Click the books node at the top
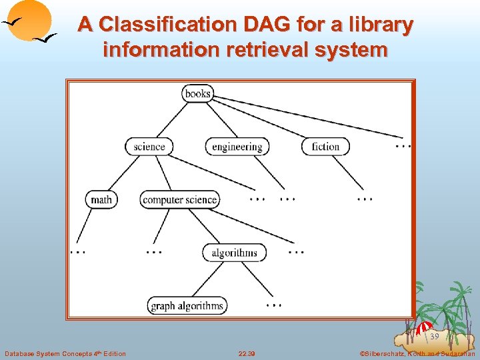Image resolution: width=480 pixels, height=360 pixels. [198, 93]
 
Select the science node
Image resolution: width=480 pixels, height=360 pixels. [149, 146]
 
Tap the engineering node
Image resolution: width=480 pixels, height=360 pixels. [237, 147]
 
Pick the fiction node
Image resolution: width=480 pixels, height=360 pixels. [325, 147]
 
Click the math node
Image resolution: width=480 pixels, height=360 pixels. [101, 199]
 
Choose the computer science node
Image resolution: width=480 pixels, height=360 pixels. [180, 199]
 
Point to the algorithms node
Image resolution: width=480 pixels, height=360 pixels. [234, 253]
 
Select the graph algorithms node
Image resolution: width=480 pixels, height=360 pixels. [187, 306]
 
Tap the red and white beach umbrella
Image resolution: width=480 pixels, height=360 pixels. [425, 327]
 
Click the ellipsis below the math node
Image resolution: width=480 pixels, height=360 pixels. [78, 253]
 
